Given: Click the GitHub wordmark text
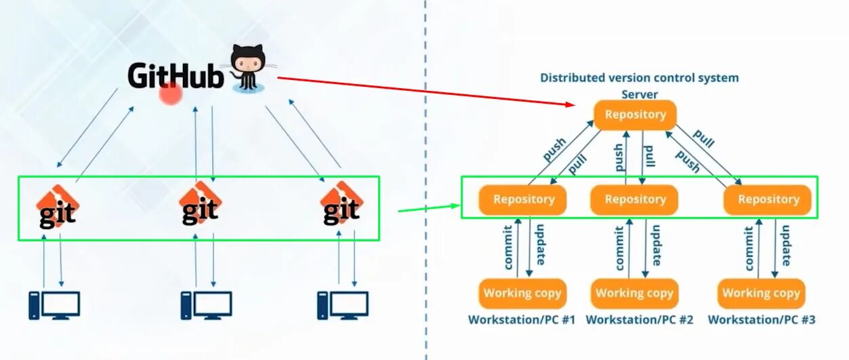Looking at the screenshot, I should (175, 76).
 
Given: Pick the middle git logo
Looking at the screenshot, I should (200, 203).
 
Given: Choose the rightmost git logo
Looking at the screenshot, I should (341, 203).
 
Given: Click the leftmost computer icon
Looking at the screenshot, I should (54, 305).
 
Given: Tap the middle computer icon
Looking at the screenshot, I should (206, 305).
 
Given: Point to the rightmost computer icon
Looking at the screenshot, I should (344, 305).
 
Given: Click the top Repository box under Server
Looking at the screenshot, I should (635, 115).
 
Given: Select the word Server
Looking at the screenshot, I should (640, 95).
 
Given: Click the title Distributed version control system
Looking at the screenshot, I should (639, 78).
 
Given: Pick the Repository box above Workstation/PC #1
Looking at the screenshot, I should (523, 199).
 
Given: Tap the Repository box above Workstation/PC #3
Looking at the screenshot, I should (768, 199).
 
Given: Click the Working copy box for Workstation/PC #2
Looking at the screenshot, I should (634, 293).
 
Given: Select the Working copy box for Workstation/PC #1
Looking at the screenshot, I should (522, 293).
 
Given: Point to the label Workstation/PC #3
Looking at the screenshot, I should (761, 319).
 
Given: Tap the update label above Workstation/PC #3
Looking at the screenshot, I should (788, 247).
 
